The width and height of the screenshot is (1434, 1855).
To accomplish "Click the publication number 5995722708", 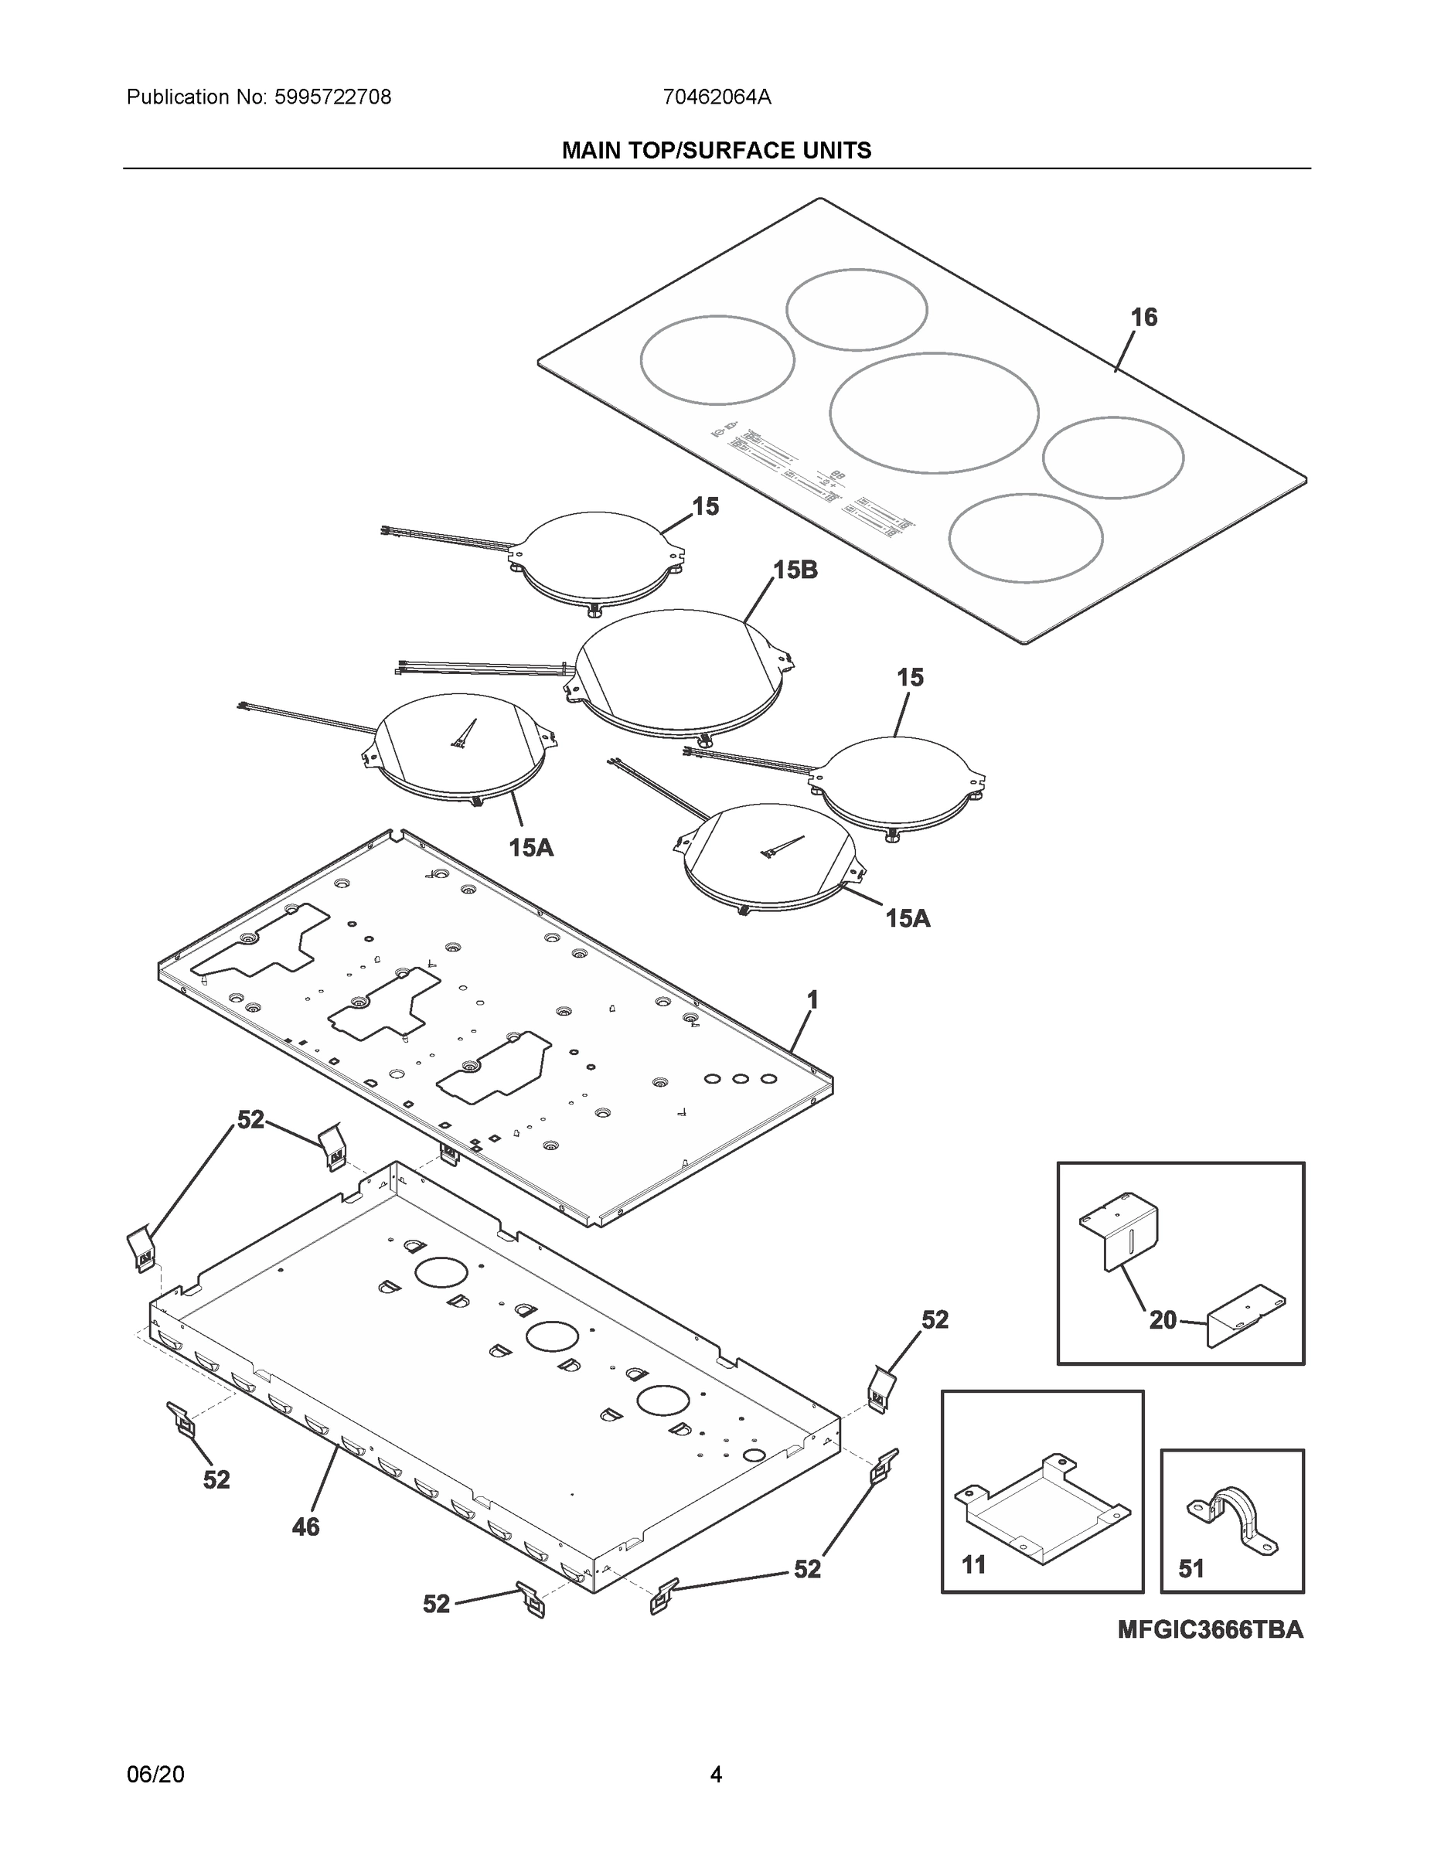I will click(x=332, y=97).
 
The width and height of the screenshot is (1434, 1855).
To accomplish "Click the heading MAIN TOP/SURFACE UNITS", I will click(x=716, y=151).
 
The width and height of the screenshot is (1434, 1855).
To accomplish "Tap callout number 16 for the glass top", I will click(x=1143, y=318).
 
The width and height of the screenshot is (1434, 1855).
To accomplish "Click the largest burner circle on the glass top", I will click(x=934, y=413).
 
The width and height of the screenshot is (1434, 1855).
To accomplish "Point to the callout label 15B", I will click(x=795, y=570).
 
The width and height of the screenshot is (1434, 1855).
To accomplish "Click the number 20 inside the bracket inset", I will click(x=1163, y=1320).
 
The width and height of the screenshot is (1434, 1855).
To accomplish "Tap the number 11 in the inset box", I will click(x=973, y=1564).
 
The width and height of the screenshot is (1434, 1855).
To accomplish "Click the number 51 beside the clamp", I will click(x=1191, y=1569).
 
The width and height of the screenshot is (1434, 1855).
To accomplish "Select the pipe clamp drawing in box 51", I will click(x=1231, y=1521).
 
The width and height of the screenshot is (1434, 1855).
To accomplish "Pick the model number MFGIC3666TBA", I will click(x=1210, y=1630).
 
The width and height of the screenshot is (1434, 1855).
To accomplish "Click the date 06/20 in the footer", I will click(x=155, y=1775).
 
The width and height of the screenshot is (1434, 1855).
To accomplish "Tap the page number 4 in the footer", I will click(x=716, y=1775).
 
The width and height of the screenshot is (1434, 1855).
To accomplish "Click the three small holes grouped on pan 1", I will click(x=740, y=1079).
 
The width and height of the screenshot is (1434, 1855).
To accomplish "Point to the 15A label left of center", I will click(x=531, y=847).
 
